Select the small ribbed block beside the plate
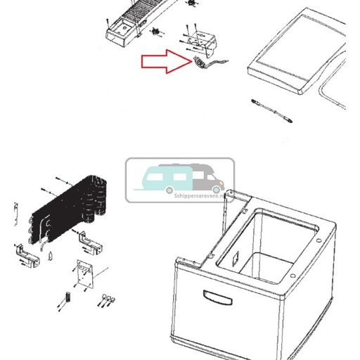(x=68, y=296)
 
